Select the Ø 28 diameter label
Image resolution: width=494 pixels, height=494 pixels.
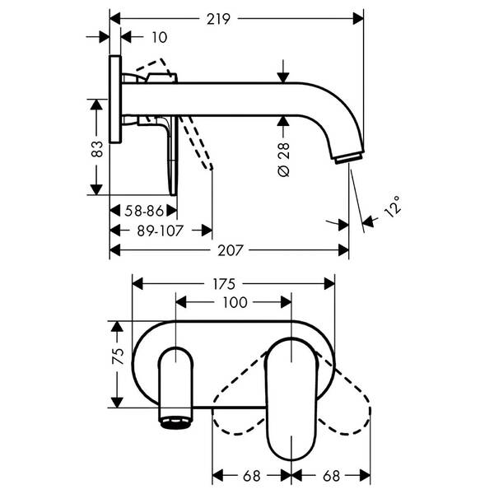(x=284, y=156)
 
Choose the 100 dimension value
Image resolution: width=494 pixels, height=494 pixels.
(x=235, y=302)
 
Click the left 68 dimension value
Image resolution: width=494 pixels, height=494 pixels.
(x=252, y=476)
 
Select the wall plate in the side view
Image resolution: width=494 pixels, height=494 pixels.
(x=115, y=103)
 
